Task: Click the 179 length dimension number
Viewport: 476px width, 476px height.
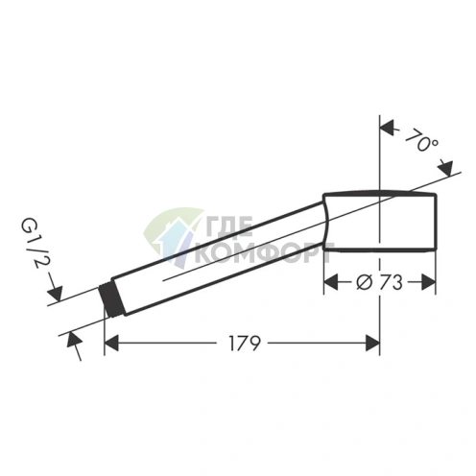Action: click(245, 343)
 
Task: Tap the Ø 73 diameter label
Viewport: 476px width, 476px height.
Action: click(379, 282)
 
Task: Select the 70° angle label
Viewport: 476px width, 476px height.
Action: click(421, 140)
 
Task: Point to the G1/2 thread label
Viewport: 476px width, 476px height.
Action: click(32, 244)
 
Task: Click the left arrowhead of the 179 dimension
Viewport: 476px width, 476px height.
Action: click(111, 343)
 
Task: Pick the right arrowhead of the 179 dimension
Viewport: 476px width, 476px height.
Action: click(372, 343)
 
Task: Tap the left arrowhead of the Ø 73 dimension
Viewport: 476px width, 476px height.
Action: click(331, 282)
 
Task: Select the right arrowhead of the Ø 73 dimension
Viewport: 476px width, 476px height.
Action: click(429, 282)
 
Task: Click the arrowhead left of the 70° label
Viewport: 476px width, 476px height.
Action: click(387, 128)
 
